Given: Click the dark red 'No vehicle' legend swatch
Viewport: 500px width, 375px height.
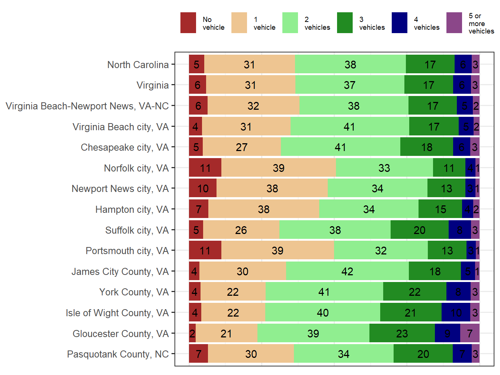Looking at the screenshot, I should [x=188, y=23].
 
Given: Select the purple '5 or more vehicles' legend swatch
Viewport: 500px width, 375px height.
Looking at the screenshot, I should [x=454, y=23].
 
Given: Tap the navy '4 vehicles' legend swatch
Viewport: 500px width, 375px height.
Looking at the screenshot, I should [x=399, y=23].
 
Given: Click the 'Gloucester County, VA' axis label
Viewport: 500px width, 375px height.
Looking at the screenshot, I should [x=121, y=334].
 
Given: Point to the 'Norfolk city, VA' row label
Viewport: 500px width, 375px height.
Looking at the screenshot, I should [x=136, y=168].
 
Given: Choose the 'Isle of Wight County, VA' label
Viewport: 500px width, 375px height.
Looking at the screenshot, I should [x=117, y=313].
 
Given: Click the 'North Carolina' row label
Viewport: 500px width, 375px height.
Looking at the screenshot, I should [x=138, y=65].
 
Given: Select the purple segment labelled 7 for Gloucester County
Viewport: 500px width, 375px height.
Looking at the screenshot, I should [x=469, y=333].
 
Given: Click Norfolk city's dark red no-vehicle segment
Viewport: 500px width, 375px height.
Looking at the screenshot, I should [x=205, y=168].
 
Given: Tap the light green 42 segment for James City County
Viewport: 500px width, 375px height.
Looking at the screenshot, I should [x=347, y=271].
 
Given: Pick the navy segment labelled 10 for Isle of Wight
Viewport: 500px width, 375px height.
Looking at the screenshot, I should [x=456, y=312].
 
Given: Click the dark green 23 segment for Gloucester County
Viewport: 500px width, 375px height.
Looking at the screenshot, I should [x=402, y=333].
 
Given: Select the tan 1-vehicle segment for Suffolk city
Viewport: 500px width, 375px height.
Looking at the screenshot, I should [x=241, y=230].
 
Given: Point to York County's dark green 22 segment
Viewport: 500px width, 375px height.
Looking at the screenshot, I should [x=414, y=292].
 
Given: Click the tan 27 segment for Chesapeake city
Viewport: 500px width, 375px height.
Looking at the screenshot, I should [x=242, y=147].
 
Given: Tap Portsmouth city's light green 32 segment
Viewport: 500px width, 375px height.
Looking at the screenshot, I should [x=381, y=250].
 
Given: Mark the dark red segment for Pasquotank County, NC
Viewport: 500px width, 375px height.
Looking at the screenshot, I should [x=198, y=354].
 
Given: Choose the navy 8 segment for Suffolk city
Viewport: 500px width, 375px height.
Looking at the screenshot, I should [x=459, y=230].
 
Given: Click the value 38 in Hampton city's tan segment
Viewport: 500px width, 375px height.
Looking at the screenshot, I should [x=264, y=209].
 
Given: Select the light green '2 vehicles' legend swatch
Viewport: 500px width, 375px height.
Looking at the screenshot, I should [x=290, y=23].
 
